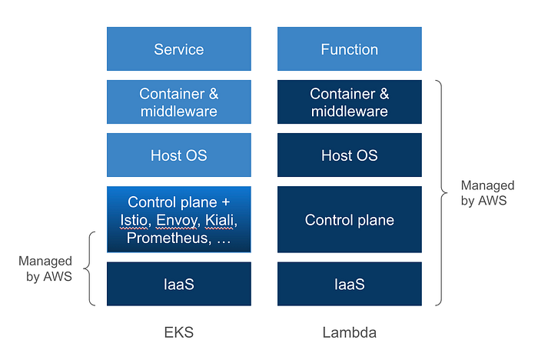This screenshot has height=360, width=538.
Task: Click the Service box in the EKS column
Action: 178,49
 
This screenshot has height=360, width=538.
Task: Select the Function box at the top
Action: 349,49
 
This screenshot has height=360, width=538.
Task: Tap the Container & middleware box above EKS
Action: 178,102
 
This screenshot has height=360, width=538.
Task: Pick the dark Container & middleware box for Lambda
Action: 349,102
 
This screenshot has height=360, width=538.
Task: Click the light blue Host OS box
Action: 178,155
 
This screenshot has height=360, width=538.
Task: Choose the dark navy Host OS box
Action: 349,155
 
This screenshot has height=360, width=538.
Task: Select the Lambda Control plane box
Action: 349,220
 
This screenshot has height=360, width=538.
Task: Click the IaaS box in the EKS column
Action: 178,284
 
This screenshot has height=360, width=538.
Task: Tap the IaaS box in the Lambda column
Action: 349,284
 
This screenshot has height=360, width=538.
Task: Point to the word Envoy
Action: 175,221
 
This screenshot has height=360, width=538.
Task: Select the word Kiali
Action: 220,221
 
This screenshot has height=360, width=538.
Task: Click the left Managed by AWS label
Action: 45,269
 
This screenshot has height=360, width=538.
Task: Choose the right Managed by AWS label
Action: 487,192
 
